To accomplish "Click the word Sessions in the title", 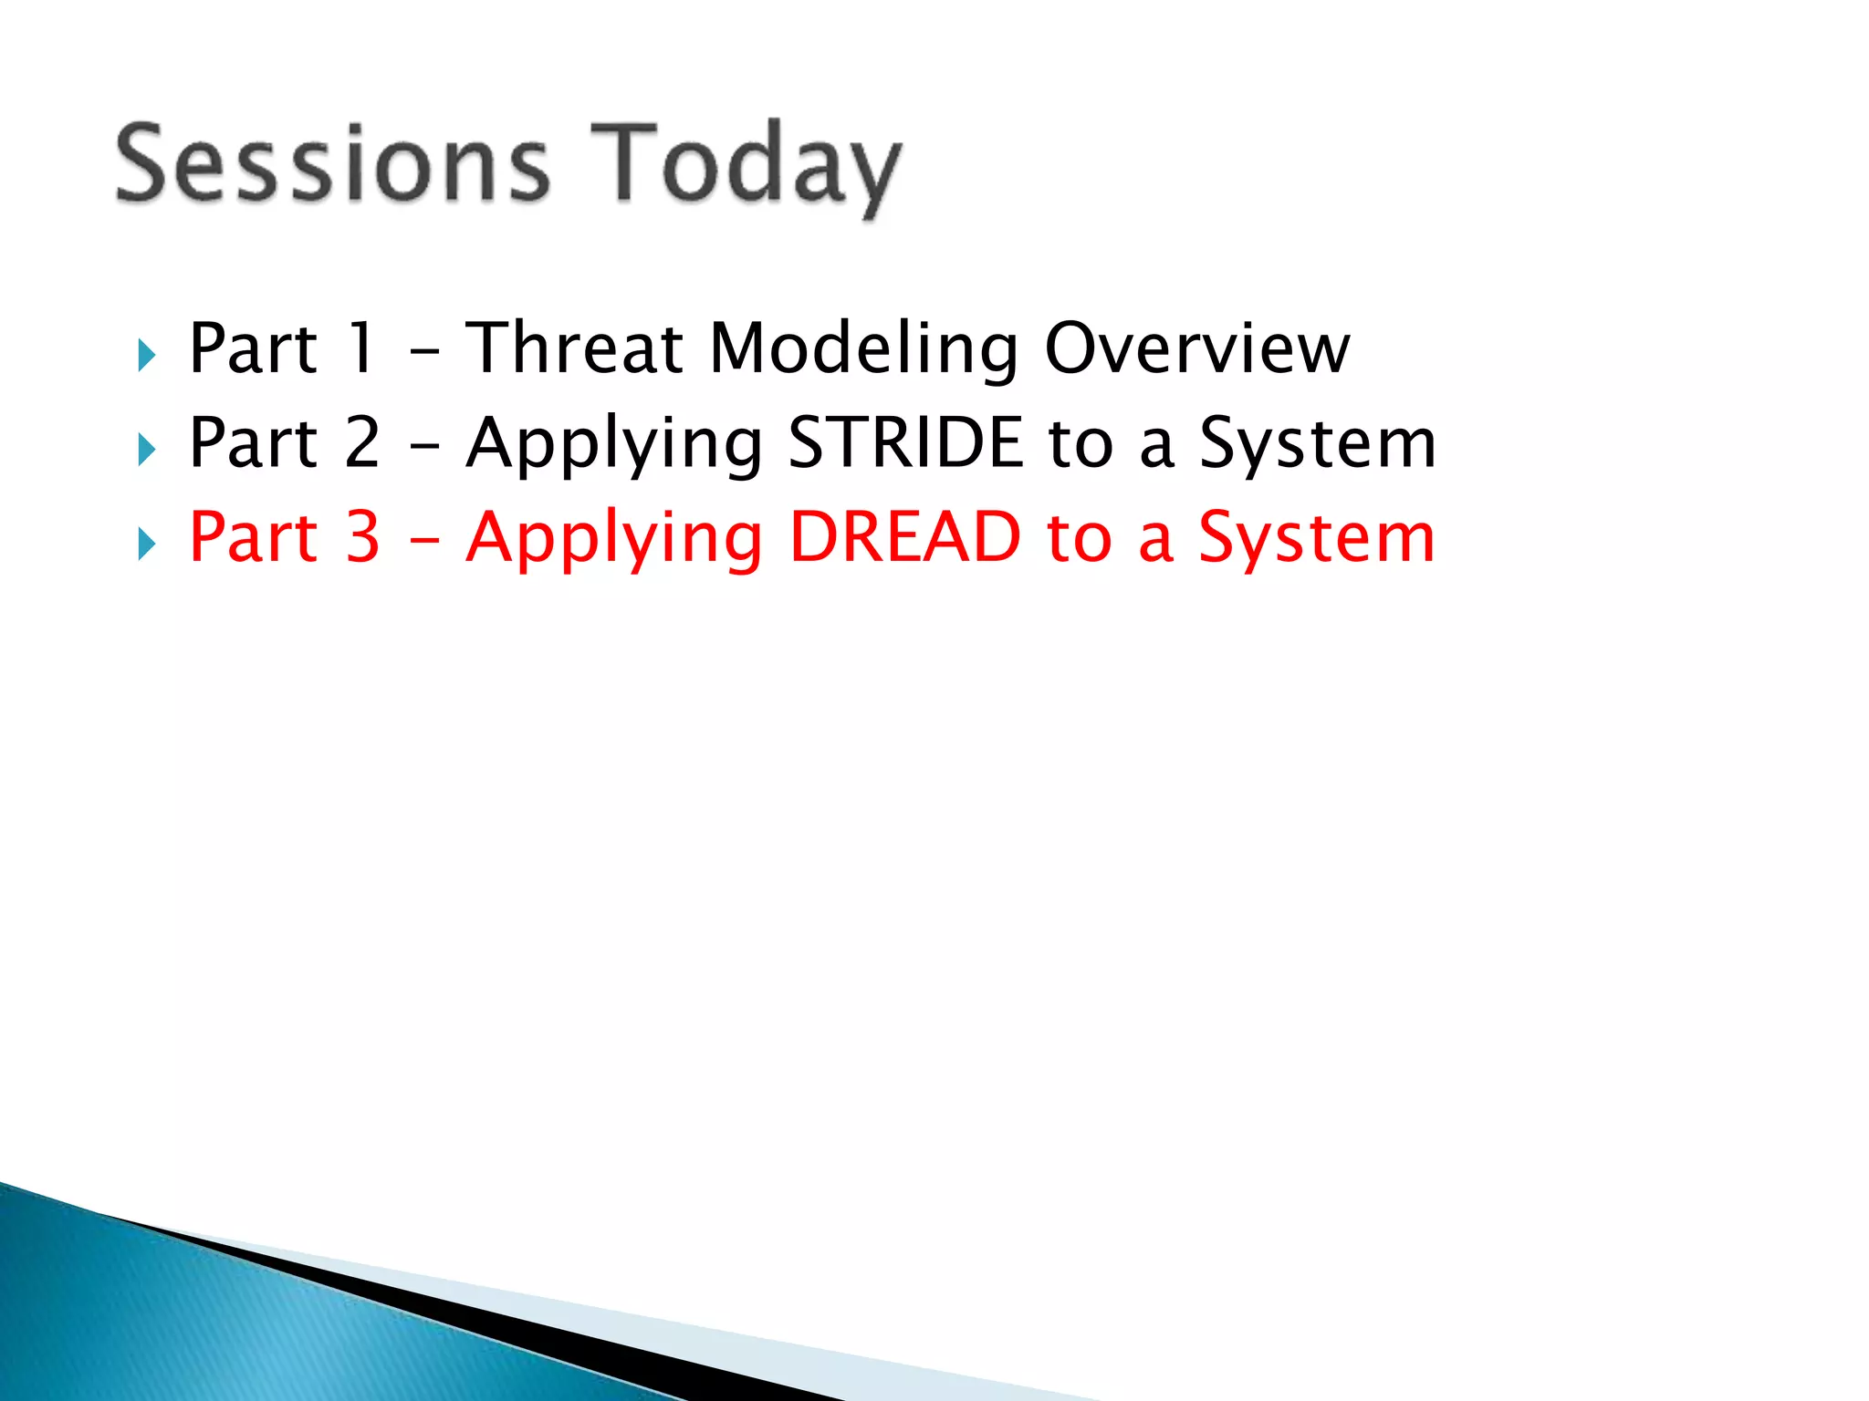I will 333,164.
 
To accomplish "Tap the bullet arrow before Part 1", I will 147,355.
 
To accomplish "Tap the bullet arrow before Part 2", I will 147,449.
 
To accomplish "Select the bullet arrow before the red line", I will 147,544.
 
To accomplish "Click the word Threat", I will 575,348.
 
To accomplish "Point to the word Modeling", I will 863,350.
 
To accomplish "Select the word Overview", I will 1196,348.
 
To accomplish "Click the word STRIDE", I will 905,443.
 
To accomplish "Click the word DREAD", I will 905,537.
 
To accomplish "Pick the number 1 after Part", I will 362,348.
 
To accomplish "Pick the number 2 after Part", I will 362,443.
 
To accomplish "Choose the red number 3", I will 362,537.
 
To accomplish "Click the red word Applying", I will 614,539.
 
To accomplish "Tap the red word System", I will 1317,539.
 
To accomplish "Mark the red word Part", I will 253,537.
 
